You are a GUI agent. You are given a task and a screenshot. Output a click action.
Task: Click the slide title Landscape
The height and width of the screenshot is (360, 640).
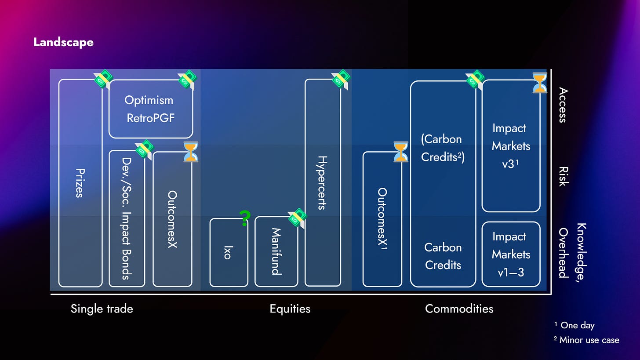point(63,42)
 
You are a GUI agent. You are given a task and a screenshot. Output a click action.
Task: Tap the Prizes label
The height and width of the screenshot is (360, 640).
point(80,183)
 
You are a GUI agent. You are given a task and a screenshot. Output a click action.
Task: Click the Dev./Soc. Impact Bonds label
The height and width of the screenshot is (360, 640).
point(127,218)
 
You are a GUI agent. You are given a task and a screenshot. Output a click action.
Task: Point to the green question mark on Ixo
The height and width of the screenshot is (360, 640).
point(244,218)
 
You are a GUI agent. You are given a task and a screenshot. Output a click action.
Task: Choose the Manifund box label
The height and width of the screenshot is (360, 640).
point(276,251)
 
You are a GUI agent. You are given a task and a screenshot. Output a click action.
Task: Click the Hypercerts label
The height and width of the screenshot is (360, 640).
point(322,182)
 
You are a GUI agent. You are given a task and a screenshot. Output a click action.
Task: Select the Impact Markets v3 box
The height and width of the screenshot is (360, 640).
point(511,146)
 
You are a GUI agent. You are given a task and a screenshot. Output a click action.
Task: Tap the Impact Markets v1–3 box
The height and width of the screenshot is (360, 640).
point(511,255)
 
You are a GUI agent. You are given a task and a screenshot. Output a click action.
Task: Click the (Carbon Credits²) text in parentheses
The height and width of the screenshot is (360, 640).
point(443,148)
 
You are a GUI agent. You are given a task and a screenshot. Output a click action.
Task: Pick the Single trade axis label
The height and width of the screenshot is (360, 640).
point(102,309)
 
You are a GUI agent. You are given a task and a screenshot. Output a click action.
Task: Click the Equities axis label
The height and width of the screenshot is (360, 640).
point(290,309)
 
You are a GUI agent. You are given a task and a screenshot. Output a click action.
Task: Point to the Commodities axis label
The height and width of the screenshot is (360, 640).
point(459,309)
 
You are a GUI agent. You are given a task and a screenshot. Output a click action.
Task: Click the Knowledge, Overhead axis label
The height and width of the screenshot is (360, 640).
point(571,251)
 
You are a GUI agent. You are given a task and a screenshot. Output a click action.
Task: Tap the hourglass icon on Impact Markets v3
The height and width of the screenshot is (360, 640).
point(540,83)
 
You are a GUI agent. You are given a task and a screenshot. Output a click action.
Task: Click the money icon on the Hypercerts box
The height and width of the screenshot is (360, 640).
point(340,80)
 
